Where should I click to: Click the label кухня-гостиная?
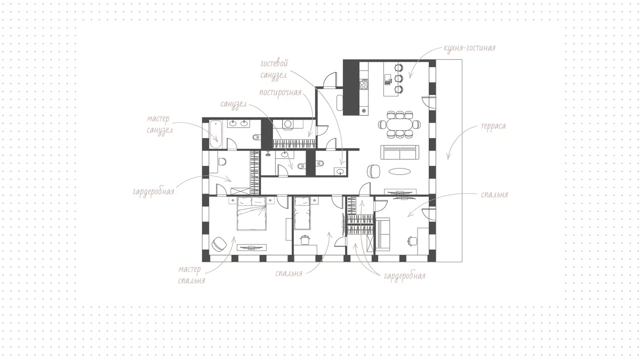point(469,48)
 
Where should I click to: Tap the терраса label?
point(493,126)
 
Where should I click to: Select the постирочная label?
point(281,92)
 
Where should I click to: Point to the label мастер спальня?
point(191,275)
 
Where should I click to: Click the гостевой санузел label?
point(274,69)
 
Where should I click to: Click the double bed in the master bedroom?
point(251,214)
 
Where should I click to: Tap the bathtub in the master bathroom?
point(215,134)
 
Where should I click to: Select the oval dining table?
point(399,125)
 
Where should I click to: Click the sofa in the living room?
point(399,153)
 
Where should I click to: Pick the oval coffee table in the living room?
point(399,171)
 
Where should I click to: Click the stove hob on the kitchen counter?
point(364,84)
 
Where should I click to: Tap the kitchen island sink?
point(388,79)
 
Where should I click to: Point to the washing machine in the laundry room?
point(288,124)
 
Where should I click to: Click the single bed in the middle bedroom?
point(302,213)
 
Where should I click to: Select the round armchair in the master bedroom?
point(219,244)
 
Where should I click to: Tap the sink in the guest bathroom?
point(340,171)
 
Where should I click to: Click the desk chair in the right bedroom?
point(412,241)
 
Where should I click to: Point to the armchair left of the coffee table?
point(373,171)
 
